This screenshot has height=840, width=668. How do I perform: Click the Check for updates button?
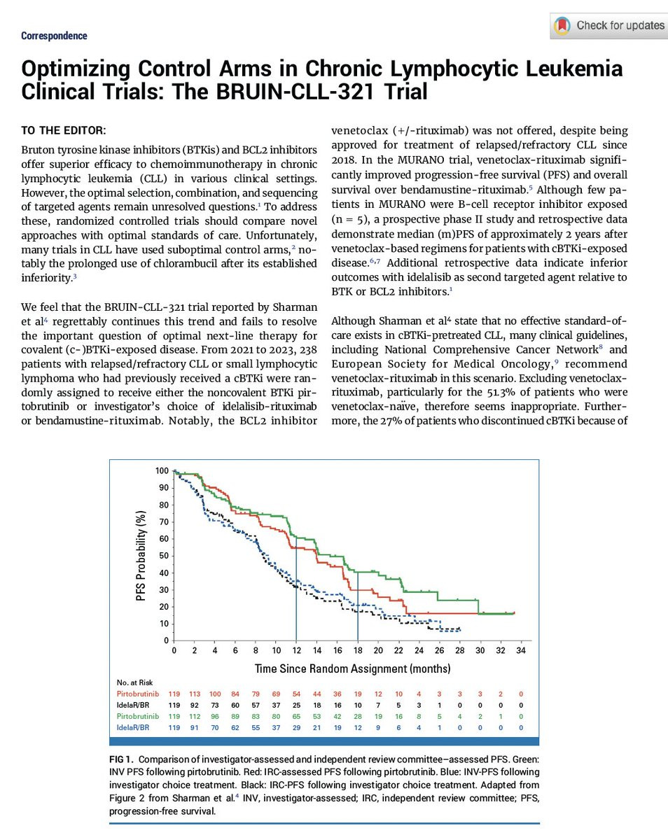pos(609,26)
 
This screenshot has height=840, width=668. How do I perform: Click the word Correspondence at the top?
pos(54,36)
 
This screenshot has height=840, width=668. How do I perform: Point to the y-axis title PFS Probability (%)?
pos(143,556)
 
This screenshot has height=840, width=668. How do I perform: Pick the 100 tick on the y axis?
pos(162,471)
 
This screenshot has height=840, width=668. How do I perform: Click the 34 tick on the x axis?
pos(520,650)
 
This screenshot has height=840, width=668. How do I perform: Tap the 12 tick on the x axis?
pos(296,650)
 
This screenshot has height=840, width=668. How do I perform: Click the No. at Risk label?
pos(134,682)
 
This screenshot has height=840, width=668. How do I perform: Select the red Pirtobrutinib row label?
pos(137,694)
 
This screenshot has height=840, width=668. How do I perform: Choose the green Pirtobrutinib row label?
pos(137,717)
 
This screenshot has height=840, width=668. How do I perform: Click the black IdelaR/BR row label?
pos(134,705)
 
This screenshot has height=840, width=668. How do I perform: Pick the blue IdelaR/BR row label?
pos(134,728)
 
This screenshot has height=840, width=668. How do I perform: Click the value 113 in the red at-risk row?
pos(195,694)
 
